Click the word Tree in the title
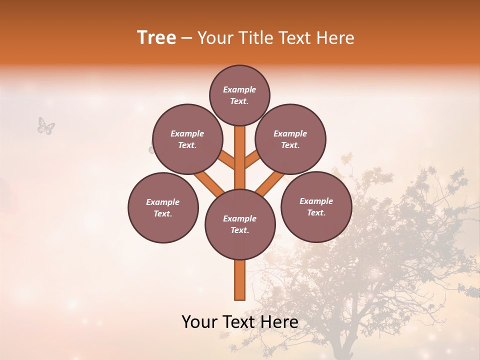point(156,38)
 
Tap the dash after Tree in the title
point(187,38)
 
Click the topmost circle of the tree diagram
point(239,95)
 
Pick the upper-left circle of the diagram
point(187,139)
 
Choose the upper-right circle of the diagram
point(290,139)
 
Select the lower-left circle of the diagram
point(163,207)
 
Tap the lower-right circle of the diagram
point(316,206)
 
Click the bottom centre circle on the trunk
point(240,224)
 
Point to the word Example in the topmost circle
point(239,89)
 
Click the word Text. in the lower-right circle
point(316,212)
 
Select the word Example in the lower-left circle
point(163,202)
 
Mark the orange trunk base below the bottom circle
point(240,280)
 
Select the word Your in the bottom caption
point(199,322)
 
